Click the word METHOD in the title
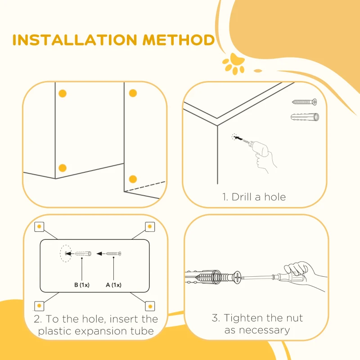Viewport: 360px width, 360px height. [x=179, y=40]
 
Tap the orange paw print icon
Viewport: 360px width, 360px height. [x=234, y=64]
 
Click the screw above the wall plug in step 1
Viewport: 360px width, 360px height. [x=305, y=102]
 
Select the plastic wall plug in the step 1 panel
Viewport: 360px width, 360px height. [x=305, y=117]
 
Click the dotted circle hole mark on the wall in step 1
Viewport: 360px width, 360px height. [x=234, y=137]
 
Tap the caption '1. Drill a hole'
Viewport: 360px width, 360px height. [x=254, y=197]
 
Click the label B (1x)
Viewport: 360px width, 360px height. [x=82, y=285]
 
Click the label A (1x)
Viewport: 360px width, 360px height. [x=113, y=285]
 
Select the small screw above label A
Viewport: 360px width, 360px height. [x=113, y=253]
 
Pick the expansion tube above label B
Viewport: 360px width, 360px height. [x=83, y=253]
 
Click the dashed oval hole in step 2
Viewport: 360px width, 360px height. [x=66, y=253]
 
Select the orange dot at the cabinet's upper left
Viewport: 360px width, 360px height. [x=63, y=94]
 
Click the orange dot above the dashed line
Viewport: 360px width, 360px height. [x=133, y=179]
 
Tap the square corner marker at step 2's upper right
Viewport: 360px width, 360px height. [x=150, y=227]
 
